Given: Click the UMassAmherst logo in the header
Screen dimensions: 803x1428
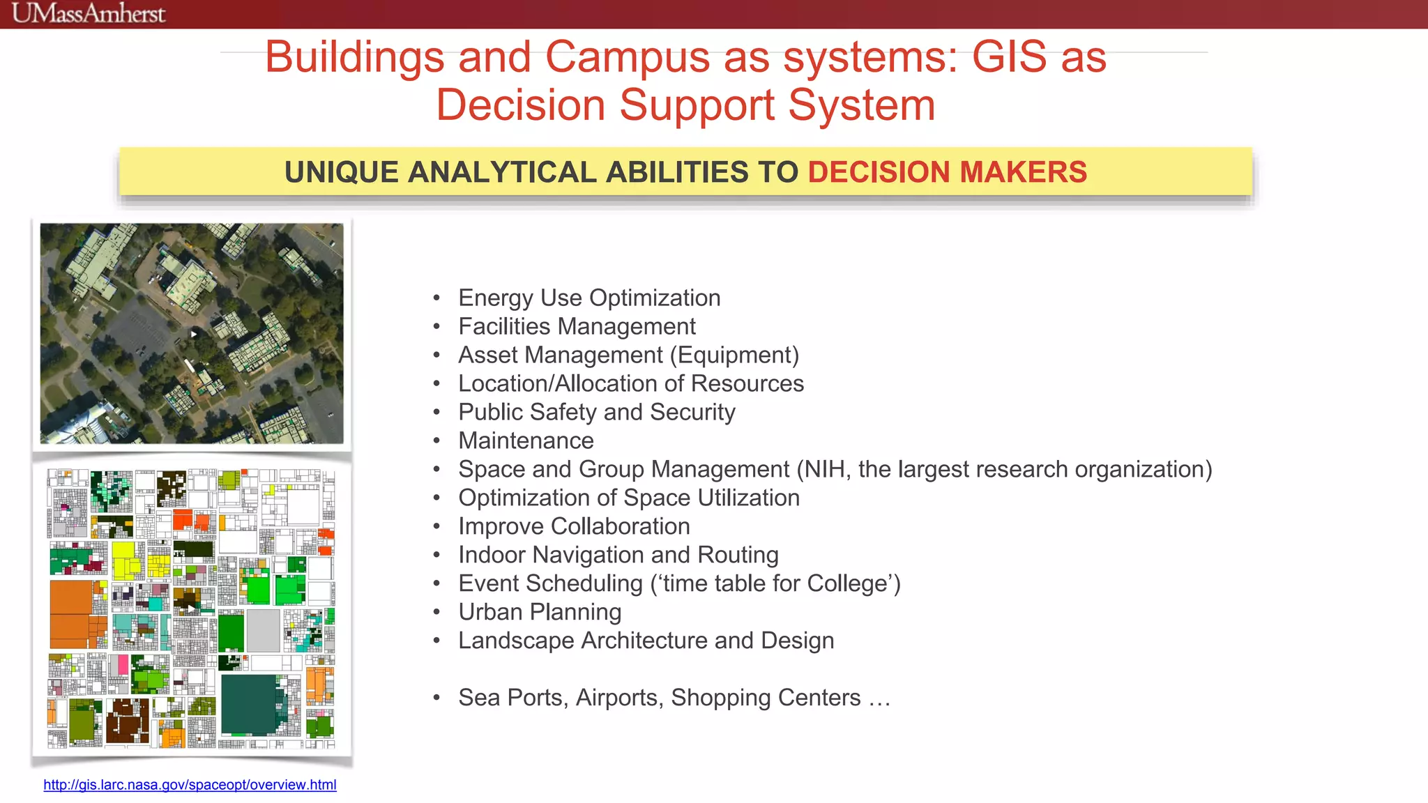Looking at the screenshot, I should pyautogui.click(x=89, y=13).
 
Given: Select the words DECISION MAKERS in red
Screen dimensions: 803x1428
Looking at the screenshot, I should pyautogui.click(x=947, y=172).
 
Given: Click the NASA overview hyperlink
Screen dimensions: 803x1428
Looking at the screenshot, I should pyautogui.click(x=190, y=785).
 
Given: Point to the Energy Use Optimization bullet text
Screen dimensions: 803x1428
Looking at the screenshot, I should pyautogui.click(x=589, y=298).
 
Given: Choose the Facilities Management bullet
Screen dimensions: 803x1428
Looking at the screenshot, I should pyautogui.click(x=577, y=327).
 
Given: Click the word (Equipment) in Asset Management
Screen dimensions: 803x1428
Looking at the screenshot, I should pyautogui.click(x=734, y=355).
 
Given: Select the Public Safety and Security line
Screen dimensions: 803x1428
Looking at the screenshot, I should pyautogui.click(x=596, y=413).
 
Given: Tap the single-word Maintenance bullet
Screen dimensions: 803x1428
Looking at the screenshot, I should pyautogui.click(x=526, y=441).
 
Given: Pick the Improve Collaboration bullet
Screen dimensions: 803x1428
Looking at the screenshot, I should pyautogui.click(x=574, y=527).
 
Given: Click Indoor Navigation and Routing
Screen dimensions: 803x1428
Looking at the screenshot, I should pyautogui.click(x=618, y=556).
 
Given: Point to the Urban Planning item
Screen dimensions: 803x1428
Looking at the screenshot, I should pyautogui.click(x=539, y=613).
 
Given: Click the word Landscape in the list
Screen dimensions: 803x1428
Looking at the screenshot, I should pyautogui.click(x=513, y=641).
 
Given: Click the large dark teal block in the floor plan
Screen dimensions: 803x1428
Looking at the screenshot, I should pyautogui.click(x=249, y=704).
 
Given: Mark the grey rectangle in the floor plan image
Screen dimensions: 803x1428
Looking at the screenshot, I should pyautogui.click(x=263, y=630).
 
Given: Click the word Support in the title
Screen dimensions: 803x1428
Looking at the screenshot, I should pyautogui.click(x=697, y=105).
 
